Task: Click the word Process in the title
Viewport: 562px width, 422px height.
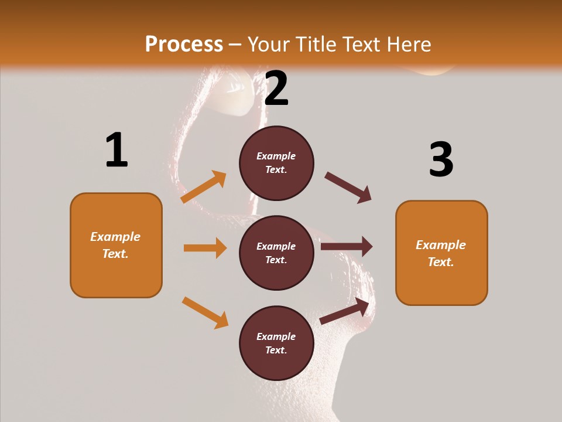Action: (184, 44)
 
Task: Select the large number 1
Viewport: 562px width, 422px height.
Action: (116, 150)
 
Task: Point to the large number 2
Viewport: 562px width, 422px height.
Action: (276, 89)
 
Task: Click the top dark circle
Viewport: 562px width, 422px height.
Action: (276, 163)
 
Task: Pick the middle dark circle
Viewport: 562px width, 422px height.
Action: (276, 253)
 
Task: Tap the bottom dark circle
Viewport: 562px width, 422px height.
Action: (276, 343)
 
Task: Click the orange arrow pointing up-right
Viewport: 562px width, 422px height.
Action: (204, 187)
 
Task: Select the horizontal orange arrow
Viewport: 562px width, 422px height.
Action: (205, 248)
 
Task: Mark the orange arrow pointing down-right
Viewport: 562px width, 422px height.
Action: (205, 312)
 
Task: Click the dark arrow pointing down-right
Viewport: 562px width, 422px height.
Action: (348, 187)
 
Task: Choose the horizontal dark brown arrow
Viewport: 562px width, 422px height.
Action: (347, 246)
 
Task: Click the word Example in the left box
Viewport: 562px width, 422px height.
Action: (115, 237)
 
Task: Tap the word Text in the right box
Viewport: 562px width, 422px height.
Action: (440, 262)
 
